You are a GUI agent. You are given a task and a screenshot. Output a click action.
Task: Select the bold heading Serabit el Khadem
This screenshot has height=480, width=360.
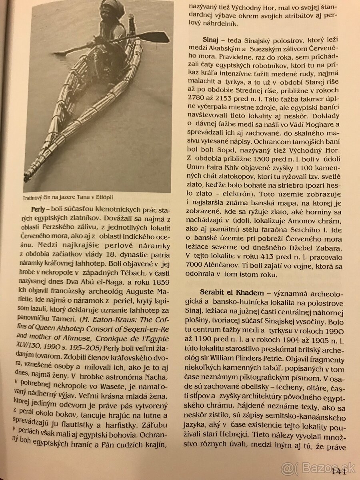[230, 289]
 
